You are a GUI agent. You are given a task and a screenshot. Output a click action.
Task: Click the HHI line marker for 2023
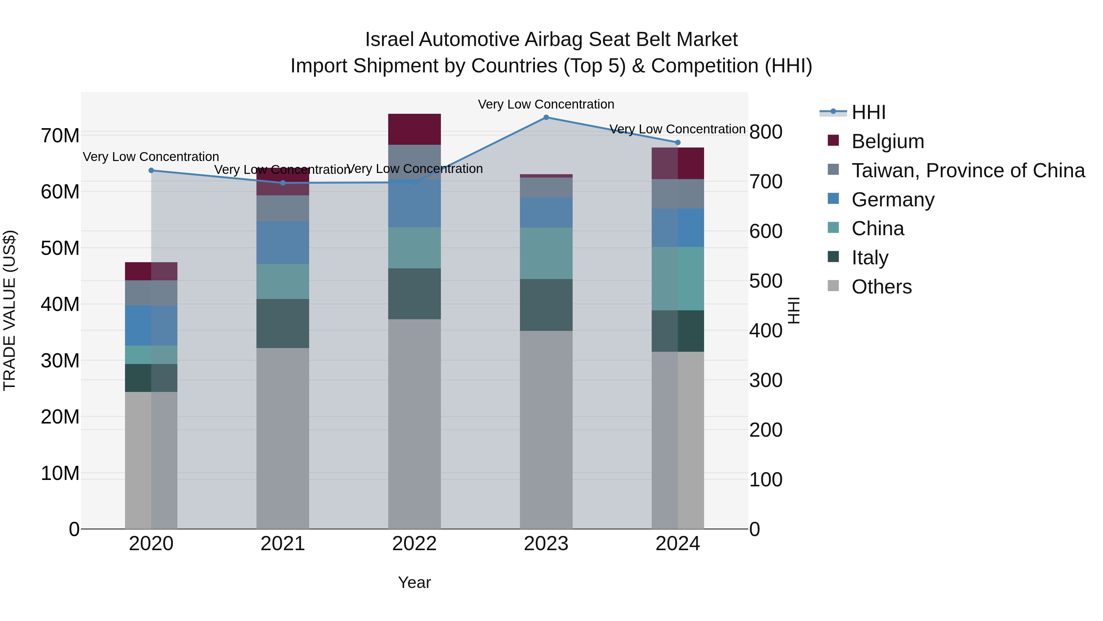point(546,117)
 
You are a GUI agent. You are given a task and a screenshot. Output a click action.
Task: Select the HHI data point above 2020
point(151,171)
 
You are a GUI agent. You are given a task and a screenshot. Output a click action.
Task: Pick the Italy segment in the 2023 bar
point(546,305)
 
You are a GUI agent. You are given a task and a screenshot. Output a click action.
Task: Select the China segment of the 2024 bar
point(677,278)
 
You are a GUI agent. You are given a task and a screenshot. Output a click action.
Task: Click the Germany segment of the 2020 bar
point(151,325)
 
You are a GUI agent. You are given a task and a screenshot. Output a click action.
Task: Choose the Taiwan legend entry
point(968,171)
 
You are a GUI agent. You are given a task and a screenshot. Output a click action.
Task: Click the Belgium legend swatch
point(833,140)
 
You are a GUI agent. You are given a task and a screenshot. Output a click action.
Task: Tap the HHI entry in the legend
point(868,112)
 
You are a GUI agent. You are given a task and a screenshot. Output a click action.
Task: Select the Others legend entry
point(881,287)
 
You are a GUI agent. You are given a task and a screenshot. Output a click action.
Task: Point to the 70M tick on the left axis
point(60,136)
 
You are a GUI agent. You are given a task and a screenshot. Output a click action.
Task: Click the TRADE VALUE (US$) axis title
point(9,310)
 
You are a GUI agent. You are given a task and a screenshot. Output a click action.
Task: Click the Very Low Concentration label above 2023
point(546,104)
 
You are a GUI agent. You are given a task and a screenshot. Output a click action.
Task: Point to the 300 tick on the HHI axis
point(766,380)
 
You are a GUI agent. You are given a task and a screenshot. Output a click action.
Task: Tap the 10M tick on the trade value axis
point(60,473)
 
